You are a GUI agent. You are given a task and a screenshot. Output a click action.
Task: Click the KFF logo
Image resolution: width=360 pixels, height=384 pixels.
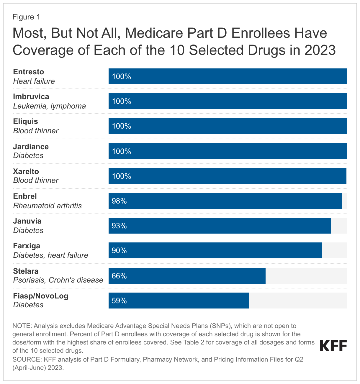click(333, 346)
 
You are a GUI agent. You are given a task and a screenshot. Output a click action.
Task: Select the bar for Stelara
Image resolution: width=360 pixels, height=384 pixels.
click(187, 276)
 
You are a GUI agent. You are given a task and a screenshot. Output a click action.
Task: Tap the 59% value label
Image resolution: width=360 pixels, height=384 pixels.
click(119, 301)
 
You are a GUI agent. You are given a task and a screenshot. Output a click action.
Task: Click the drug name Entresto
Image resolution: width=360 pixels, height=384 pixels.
click(29, 72)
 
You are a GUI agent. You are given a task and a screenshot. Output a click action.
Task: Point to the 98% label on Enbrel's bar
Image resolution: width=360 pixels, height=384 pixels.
click(119, 201)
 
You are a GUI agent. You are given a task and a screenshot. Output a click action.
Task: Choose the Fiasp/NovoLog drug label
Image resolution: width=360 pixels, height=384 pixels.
click(41, 296)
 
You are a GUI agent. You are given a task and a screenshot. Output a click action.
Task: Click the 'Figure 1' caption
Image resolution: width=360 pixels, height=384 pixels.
click(26, 17)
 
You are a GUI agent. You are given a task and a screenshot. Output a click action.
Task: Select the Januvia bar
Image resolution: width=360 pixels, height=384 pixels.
click(220, 226)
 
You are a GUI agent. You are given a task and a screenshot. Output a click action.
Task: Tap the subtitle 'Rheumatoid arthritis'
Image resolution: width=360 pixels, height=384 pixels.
click(48, 206)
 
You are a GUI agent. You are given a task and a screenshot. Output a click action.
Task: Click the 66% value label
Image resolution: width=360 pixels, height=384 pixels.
click(119, 276)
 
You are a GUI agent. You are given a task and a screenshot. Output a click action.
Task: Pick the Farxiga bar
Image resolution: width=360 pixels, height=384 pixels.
click(215, 250)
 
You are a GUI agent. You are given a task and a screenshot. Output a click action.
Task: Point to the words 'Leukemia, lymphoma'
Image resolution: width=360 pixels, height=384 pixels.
click(50, 106)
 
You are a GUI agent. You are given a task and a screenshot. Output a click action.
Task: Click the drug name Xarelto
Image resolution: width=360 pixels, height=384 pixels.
click(26, 171)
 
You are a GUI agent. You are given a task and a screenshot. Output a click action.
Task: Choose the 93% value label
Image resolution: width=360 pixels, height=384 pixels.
click(119, 226)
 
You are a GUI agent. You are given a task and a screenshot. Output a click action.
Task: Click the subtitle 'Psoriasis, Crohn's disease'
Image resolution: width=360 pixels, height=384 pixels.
click(58, 280)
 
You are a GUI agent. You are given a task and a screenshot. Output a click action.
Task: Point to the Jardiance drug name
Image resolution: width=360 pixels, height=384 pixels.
click(31, 147)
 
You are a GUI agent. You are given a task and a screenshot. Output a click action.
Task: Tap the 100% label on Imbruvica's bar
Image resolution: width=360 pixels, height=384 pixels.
click(121, 101)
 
